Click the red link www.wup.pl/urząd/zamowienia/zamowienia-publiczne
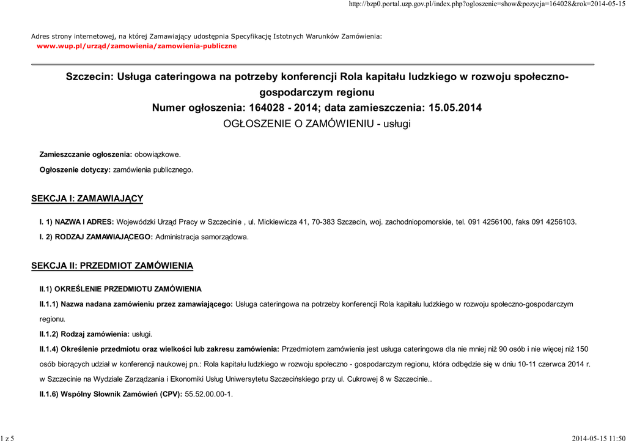(x=136, y=46)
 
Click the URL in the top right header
(x=486, y=5)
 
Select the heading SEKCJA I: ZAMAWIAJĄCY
(x=87, y=198)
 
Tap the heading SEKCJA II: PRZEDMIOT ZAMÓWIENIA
(x=112, y=266)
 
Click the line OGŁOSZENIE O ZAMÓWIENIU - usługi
(x=317, y=124)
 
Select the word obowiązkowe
(x=157, y=154)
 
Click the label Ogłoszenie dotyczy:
(x=75, y=169)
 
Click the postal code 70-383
(x=323, y=221)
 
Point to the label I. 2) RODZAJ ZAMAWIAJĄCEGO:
(x=97, y=236)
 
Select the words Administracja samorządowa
(x=202, y=236)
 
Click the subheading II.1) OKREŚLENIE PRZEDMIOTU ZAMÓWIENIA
(x=120, y=288)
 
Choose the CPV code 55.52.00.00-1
(x=208, y=393)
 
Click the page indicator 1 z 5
(x=8, y=438)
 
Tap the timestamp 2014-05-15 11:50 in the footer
(x=598, y=438)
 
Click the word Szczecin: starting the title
(x=90, y=77)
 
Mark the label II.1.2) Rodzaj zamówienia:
(x=84, y=334)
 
